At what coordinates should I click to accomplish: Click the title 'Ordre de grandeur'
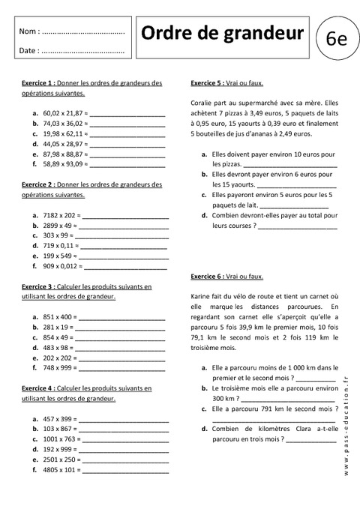223,33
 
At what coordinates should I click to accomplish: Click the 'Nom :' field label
29,32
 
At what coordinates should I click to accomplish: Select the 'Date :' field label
29,51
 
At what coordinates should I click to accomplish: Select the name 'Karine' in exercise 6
202,296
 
